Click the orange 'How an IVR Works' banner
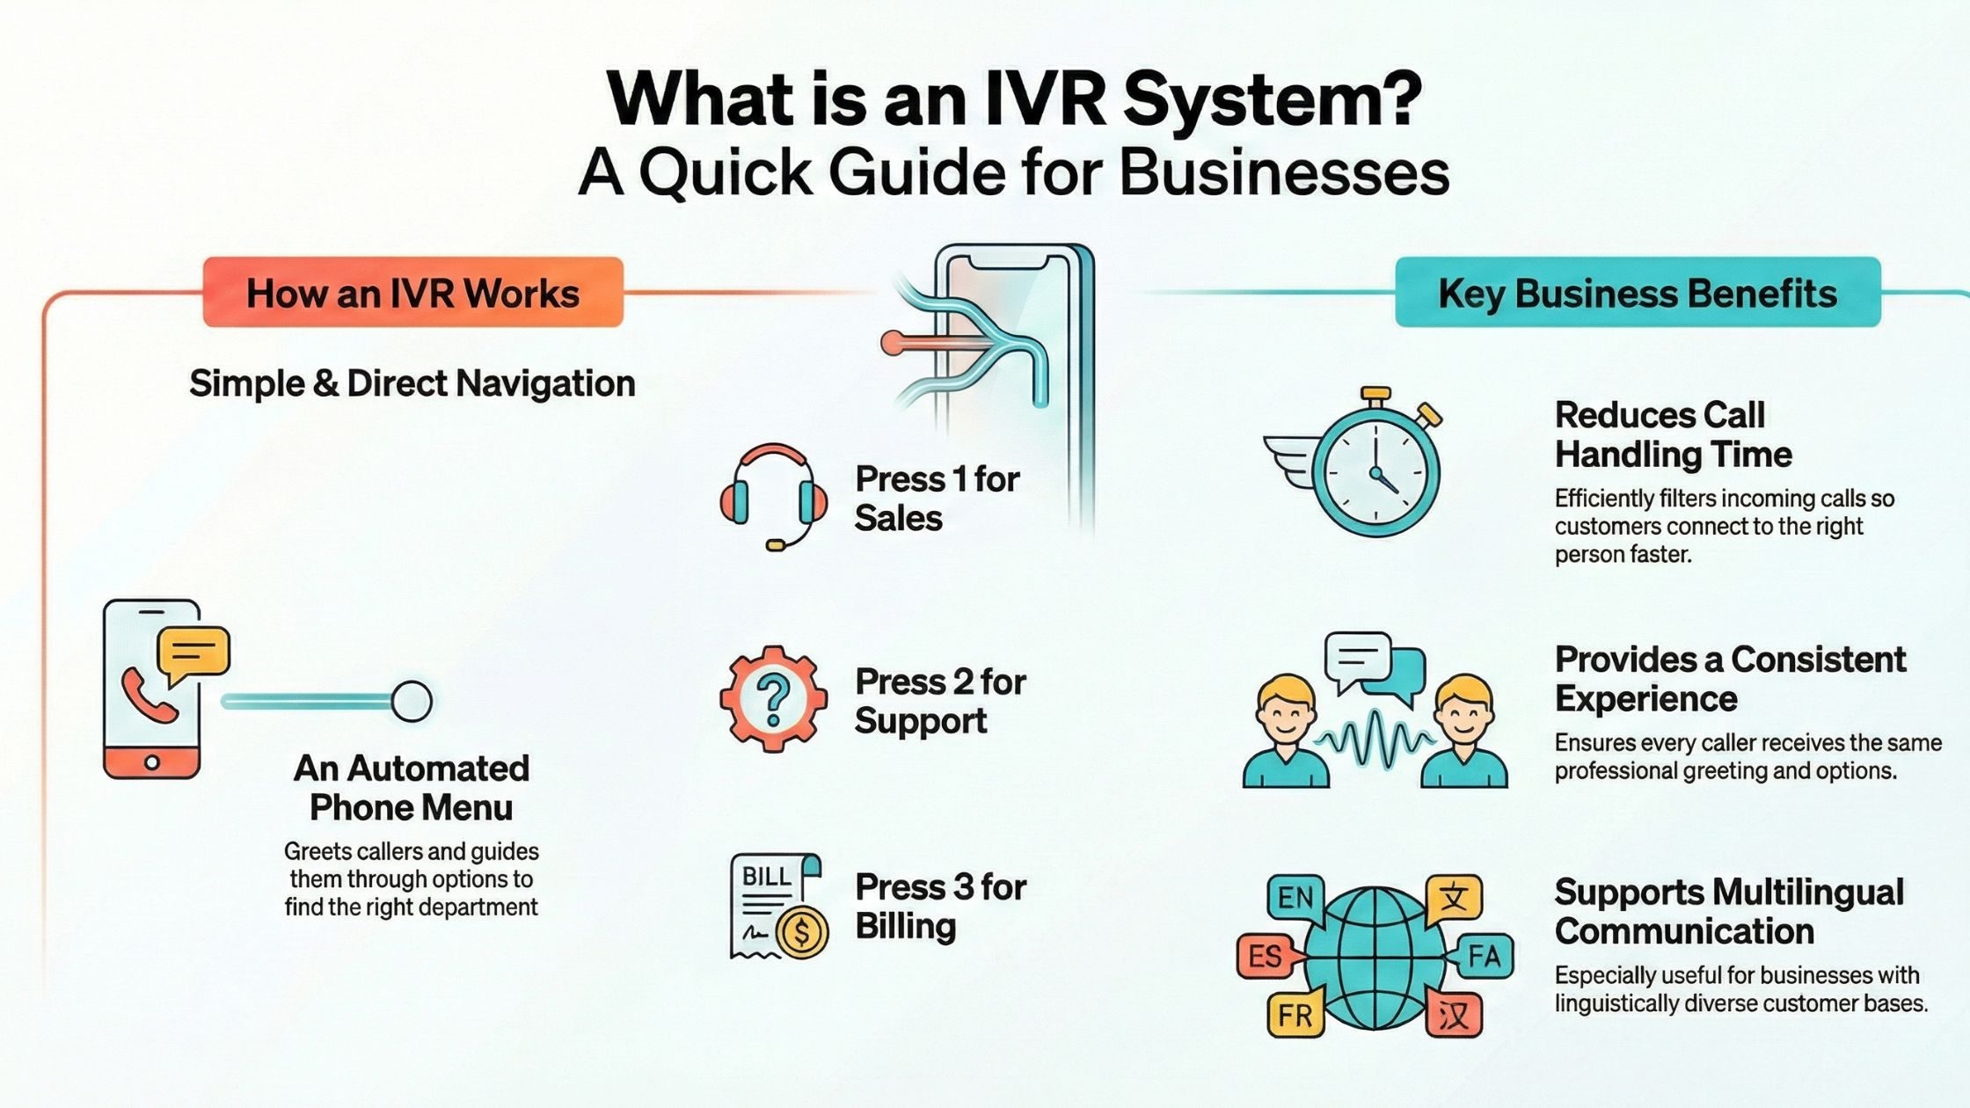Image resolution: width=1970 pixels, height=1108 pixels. pyautogui.click(x=412, y=293)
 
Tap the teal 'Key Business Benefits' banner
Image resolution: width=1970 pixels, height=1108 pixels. pyautogui.click(x=1637, y=293)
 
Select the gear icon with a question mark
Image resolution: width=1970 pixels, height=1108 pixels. pyautogui.click(x=773, y=698)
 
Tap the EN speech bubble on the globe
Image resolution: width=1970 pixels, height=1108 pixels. pyautogui.click(x=1295, y=898)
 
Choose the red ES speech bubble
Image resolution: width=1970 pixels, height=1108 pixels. pyautogui.click(x=1265, y=956)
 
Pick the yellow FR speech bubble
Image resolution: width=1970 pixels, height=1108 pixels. pyautogui.click(x=1295, y=1016)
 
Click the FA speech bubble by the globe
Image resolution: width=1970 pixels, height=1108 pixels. pyautogui.click(x=1485, y=956)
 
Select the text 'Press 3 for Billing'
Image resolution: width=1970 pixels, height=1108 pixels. pyautogui.click(x=939, y=907)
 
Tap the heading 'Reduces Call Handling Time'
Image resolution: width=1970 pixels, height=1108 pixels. pyautogui.click(x=1672, y=434)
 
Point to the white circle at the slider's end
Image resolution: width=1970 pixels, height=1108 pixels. pyautogui.click(x=411, y=702)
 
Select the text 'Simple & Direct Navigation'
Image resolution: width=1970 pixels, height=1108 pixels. pyautogui.click(x=412, y=383)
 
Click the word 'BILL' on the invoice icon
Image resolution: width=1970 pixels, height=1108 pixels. pyautogui.click(x=766, y=876)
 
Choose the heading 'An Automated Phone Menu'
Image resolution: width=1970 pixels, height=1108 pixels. pyautogui.click(x=411, y=787)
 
